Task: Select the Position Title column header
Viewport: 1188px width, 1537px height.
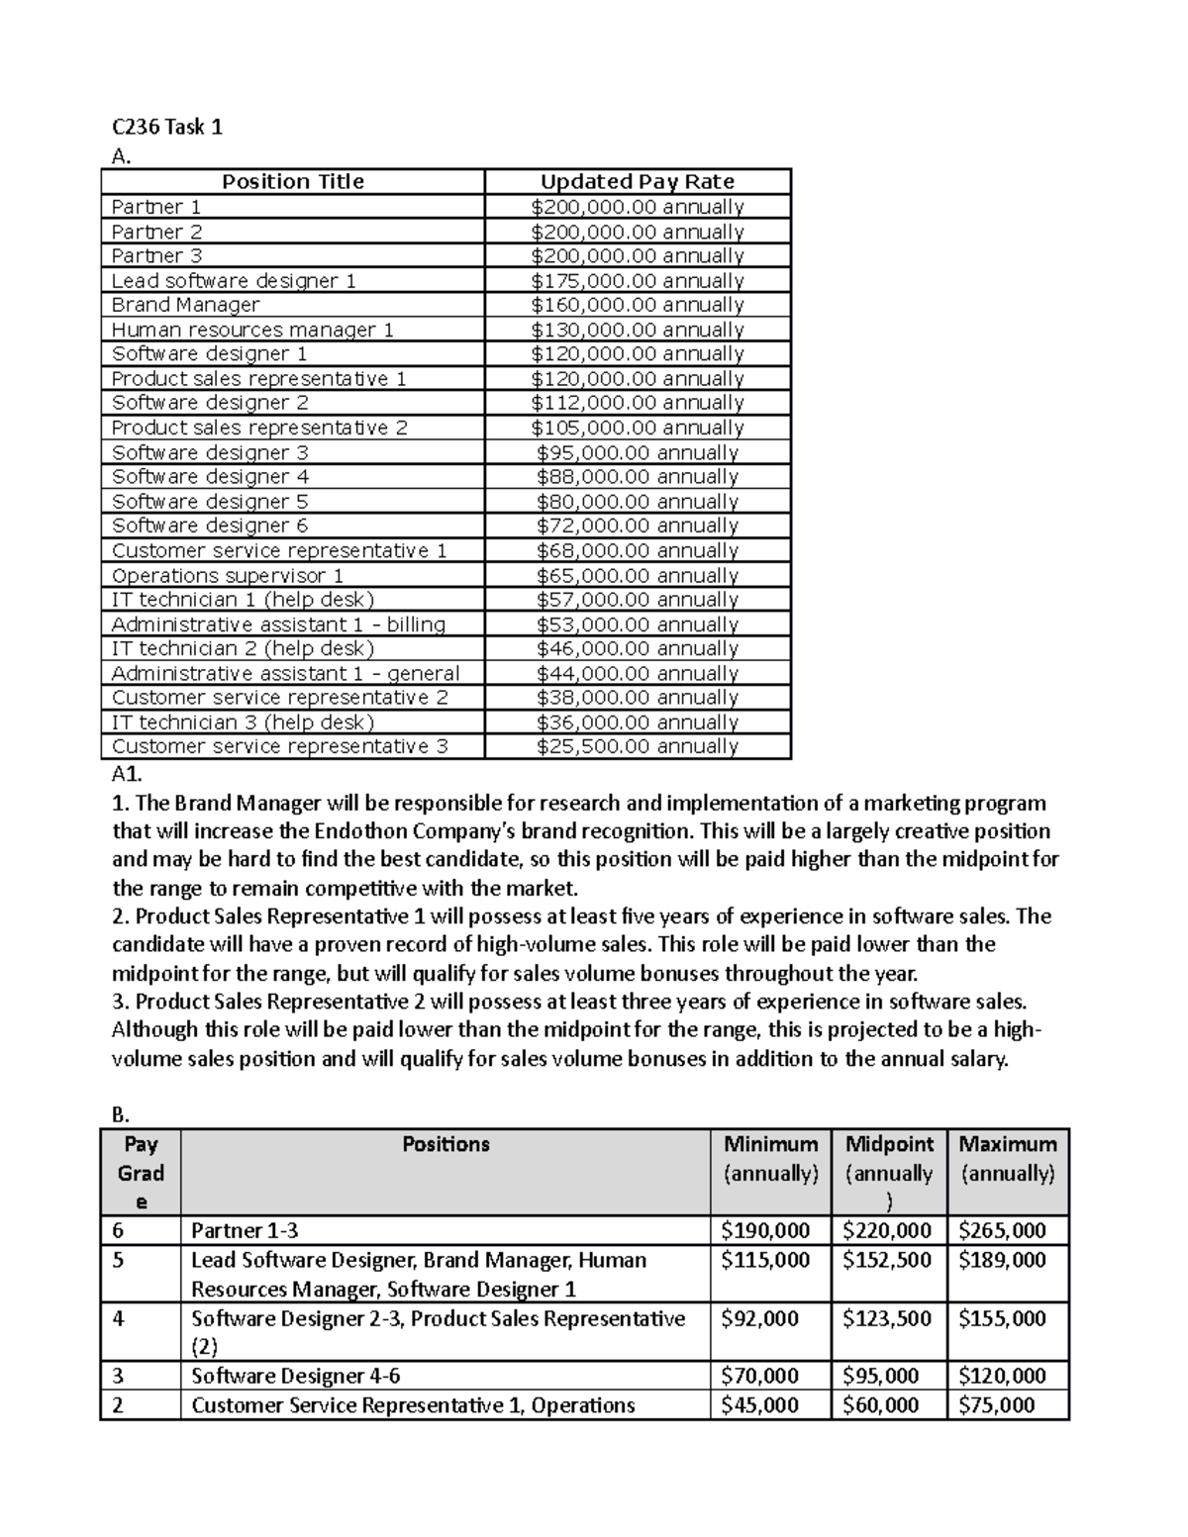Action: click(x=292, y=182)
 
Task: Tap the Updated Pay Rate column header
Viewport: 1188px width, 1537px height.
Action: click(x=637, y=182)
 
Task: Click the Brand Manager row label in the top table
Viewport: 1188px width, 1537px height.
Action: click(x=185, y=305)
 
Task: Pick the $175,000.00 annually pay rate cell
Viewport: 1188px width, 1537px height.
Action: click(x=637, y=281)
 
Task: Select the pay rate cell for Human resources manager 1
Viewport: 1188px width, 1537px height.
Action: click(x=637, y=330)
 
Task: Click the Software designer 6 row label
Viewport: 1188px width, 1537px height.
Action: click(x=210, y=526)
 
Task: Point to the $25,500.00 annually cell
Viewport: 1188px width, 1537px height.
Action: click(x=637, y=746)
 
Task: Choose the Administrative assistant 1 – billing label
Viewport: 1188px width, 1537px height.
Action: click(x=278, y=624)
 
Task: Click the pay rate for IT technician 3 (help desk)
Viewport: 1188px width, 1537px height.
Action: click(x=637, y=722)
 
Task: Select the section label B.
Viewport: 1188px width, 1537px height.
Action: click(x=120, y=1114)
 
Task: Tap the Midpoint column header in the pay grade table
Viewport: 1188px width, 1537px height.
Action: click(x=888, y=1145)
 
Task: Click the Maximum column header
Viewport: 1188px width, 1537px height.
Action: click(x=1007, y=1145)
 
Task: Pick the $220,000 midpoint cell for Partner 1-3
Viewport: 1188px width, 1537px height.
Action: click(x=887, y=1231)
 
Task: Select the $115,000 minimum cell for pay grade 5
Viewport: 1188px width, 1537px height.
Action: click(x=765, y=1261)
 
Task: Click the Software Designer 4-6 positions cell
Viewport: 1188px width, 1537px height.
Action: click(x=295, y=1377)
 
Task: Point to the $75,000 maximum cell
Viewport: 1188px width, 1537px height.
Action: click(x=997, y=1405)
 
